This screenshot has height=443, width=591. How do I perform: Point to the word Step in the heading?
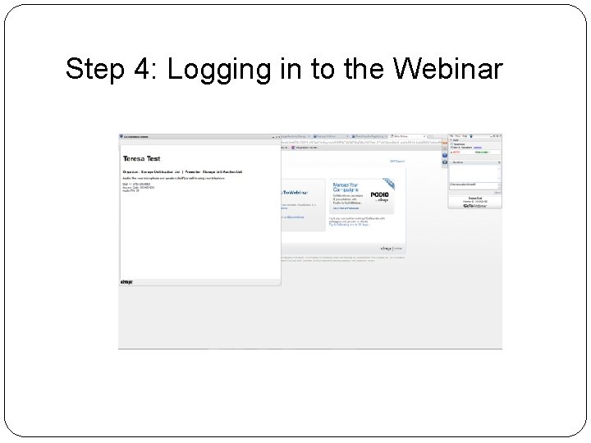(95, 71)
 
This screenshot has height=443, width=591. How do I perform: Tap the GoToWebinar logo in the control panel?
(475, 205)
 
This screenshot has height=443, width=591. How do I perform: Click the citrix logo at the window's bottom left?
(127, 281)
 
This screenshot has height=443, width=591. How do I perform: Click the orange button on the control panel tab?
(444, 143)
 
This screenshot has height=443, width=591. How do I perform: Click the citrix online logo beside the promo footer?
(390, 247)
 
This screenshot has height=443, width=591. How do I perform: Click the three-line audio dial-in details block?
(133, 188)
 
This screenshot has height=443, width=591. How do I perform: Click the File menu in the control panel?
(453, 135)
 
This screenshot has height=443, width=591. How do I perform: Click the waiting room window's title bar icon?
(122, 136)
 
